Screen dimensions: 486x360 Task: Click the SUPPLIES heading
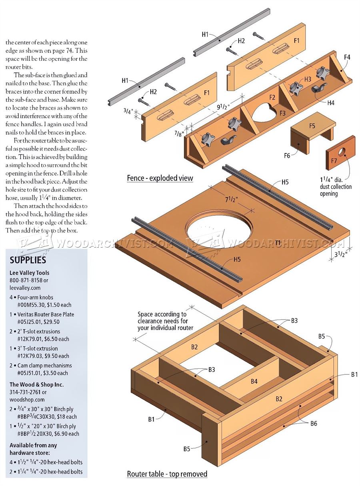pyautogui.click(x=28, y=260)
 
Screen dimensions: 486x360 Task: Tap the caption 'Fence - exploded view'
pyautogui.click(x=160, y=178)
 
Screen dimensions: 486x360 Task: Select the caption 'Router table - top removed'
pyautogui.click(x=167, y=474)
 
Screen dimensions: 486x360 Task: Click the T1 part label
pyautogui.click(x=278, y=243)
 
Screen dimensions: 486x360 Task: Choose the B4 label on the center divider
pyautogui.click(x=254, y=381)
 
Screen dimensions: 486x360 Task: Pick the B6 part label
pyautogui.click(x=314, y=423)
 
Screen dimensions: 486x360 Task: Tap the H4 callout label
pyautogui.click(x=331, y=103)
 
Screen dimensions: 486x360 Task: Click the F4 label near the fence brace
pyautogui.click(x=347, y=57)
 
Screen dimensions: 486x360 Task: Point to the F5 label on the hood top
pyautogui.click(x=312, y=126)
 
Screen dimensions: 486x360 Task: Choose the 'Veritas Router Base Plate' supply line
pyautogui.click(x=46, y=314)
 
